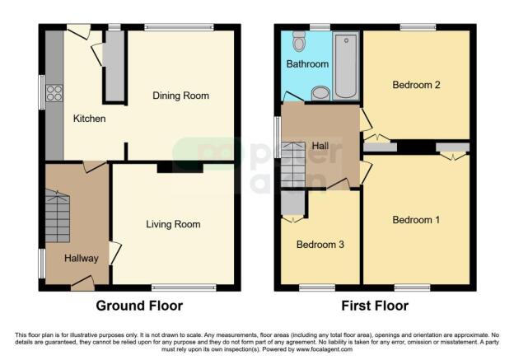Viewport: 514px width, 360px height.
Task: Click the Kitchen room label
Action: coord(89,119)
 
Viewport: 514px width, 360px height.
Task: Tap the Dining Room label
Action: coord(180,96)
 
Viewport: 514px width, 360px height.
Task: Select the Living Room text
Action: coord(173,224)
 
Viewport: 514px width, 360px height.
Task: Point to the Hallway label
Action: coord(82,259)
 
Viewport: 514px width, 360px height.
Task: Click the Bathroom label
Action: coord(307,63)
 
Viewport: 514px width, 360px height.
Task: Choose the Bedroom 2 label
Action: coord(416,85)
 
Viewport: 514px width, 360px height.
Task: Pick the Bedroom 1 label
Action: coord(415,220)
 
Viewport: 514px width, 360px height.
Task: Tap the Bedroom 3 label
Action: coord(320,245)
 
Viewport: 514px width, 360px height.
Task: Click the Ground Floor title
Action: coord(139,306)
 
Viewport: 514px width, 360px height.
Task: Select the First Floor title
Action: coord(375,306)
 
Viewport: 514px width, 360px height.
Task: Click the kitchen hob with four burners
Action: coord(55,94)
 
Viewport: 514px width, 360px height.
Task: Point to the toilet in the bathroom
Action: coord(298,41)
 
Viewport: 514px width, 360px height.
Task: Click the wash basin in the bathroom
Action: coord(320,92)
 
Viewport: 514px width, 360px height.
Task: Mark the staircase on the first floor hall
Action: coord(293,164)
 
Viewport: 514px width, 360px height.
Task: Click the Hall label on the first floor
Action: coord(320,146)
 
